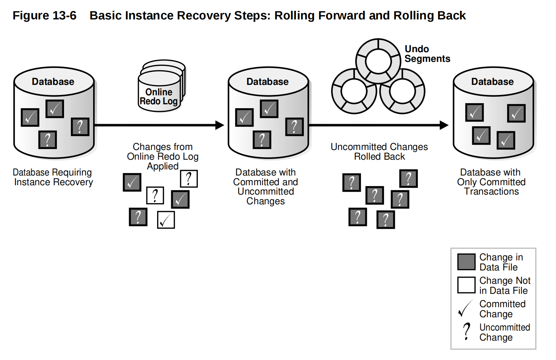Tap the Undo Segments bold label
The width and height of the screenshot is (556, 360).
tap(427, 54)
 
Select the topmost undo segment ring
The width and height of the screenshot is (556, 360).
tap(378, 61)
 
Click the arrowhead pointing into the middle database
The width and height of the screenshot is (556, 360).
tap(219, 125)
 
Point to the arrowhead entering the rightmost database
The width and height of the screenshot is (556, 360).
tap(444, 125)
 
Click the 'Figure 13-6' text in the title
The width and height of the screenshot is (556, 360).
tap(45, 15)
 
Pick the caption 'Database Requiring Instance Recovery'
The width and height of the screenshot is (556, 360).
tap(53, 177)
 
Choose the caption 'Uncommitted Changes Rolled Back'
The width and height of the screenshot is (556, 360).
tap(379, 152)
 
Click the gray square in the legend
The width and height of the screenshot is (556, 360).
tap(466, 262)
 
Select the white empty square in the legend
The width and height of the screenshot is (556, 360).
tap(466, 285)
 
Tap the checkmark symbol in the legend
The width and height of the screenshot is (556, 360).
tap(465, 309)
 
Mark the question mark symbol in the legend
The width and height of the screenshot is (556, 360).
tap(466, 331)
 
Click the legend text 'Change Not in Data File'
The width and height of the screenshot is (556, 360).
tap(504, 286)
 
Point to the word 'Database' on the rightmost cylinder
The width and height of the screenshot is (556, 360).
tap(492, 82)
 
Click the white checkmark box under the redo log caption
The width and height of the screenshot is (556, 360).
tap(166, 220)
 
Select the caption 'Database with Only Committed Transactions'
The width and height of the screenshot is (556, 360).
tap(491, 182)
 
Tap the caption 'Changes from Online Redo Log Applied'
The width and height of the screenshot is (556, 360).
tap(163, 156)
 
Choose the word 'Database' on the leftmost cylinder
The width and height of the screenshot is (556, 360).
tap(53, 82)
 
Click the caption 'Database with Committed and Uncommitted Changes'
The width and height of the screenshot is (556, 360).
tap(265, 187)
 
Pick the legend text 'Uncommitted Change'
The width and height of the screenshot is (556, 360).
tap(504, 332)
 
